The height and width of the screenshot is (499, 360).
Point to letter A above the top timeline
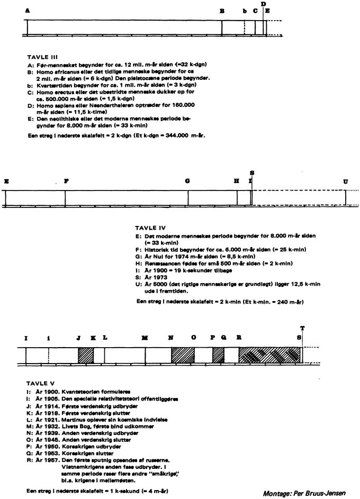click(27, 11)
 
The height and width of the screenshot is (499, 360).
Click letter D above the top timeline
click(263, 4)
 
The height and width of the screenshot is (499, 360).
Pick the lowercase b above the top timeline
click(245, 11)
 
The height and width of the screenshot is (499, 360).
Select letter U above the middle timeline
click(346, 181)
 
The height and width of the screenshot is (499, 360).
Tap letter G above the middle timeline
click(188, 181)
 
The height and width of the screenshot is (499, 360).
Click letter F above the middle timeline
click(66, 181)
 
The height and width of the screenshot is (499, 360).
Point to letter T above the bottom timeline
click(302, 328)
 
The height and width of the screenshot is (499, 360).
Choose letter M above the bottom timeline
click(145, 337)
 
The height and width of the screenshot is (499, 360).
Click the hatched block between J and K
click(86, 355)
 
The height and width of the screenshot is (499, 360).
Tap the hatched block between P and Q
click(219, 355)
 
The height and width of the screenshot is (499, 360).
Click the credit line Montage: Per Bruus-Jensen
click(308, 492)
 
